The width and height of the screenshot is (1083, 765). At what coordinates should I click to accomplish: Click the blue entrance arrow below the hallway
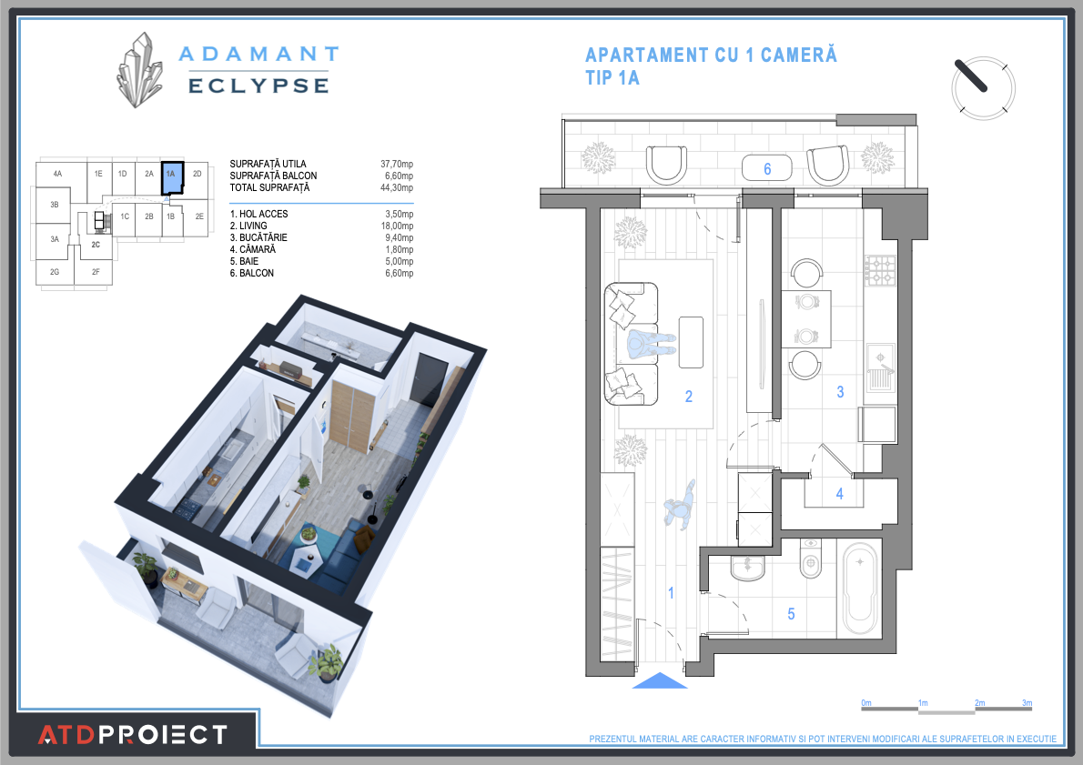[x=659, y=681]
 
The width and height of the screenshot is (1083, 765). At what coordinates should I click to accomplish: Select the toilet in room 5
[x=809, y=559]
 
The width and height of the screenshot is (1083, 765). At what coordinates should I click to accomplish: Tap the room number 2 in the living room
[x=689, y=396]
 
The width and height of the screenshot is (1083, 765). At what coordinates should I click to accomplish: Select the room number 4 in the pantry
[x=840, y=494]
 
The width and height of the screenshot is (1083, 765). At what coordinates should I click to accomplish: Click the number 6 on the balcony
[x=767, y=168]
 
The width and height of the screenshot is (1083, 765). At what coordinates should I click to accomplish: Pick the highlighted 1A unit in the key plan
[x=171, y=177]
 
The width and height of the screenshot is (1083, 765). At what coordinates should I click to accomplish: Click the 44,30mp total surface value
[x=397, y=187]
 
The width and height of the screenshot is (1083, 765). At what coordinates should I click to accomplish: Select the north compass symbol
[x=982, y=87]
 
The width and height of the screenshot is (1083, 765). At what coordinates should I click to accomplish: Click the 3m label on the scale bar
[x=1027, y=702]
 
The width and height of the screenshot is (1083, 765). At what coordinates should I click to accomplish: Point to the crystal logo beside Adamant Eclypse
[x=139, y=70]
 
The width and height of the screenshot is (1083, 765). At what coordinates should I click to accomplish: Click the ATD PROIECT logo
[x=133, y=733]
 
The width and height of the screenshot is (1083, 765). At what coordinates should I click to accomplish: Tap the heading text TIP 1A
[x=612, y=78]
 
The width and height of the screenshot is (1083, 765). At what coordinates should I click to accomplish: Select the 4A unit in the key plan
[x=57, y=173]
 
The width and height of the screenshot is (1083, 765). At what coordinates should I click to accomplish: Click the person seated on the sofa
[x=652, y=344]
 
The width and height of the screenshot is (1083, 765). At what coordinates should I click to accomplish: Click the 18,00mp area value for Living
[x=397, y=226]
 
